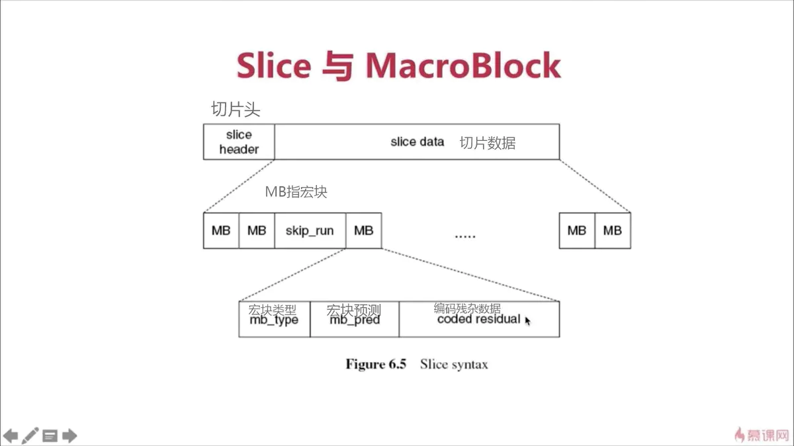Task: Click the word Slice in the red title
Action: [x=273, y=65]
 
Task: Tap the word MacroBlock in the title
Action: [x=463, y=65]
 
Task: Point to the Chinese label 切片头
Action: [x=236, y=109]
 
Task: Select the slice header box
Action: [x=239, y=142]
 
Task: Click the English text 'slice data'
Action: [x=417, y=142]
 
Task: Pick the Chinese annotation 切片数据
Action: [x=488, y=143]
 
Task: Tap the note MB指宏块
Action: [x=296, y=192]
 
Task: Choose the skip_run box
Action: [x=310, y=231]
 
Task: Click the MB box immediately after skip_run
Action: [x=363, y=231]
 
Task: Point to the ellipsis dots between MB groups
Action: [x=465, y=235]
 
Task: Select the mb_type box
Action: [x=274, y=320]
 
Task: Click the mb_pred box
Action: [x=355, y=320]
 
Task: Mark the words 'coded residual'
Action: [x=478, y=319]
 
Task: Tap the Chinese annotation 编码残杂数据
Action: [x=467, y=309]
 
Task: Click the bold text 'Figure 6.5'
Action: [x=375, y=364]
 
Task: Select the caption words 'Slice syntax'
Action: [x=454, y=364]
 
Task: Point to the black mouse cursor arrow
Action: [x=528, y=320]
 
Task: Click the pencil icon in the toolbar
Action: [x=30, y=435]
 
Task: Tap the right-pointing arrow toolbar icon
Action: [x=69, y=435]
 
